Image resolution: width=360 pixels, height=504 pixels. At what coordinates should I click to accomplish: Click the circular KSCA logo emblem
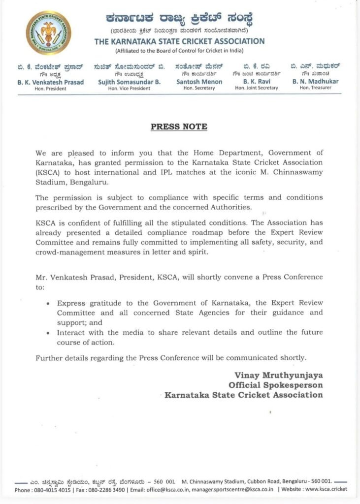[48, 33]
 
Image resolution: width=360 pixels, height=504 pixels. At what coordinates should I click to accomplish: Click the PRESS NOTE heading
[179, 127]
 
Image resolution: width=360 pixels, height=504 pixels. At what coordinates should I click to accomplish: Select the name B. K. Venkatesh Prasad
[51, 82]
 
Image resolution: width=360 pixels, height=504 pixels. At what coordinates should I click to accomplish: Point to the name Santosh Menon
[199, 82]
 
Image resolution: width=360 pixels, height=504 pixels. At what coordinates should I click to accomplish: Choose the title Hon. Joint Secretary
[256, 88]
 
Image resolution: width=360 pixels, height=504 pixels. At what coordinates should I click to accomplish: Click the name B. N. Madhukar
[315, 82]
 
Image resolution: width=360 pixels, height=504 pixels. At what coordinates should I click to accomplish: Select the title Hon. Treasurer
[315, 88]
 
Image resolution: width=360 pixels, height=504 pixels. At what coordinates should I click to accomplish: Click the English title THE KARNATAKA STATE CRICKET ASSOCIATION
[179, 42]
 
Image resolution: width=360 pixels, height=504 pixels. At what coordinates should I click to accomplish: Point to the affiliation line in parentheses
[179, 51]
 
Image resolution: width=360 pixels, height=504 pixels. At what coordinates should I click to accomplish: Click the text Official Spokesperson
[275, 384]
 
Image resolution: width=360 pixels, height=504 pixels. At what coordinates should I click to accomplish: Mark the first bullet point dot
[47, 304]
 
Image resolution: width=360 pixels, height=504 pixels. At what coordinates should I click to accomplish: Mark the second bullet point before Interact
[47, 333]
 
